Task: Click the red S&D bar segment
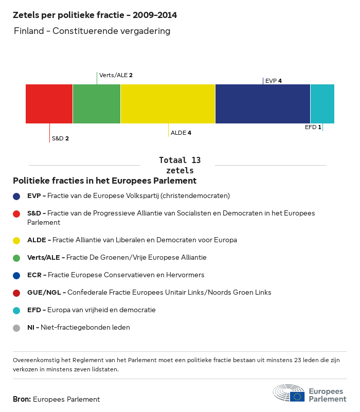[49, 104]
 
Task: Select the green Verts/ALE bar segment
[97, 104]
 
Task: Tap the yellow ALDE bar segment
[168, 104]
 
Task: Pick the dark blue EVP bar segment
[263, 104]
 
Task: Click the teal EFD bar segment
[322, 104]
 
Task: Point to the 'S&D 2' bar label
[60, 138]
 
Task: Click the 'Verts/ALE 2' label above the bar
[116, 75]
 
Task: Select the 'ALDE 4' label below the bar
[181, 133]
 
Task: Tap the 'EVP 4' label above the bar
[273, 81]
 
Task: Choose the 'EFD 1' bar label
[313, 127]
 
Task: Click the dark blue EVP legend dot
[17, 196]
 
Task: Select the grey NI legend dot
[17, 328]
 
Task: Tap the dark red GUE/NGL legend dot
[17, 293]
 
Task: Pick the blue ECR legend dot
[17, 275]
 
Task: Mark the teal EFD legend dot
[17, 310]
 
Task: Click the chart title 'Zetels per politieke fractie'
[95, 15]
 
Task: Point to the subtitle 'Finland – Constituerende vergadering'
[92, 31]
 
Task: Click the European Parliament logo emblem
[289, 393]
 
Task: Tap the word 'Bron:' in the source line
[22, 399]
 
